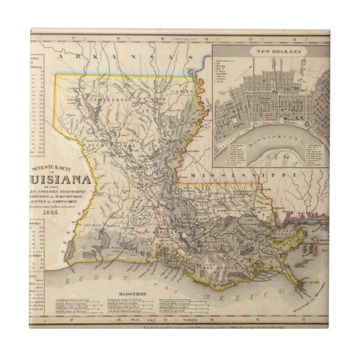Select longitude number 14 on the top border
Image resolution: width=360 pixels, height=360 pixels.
coord(206,39)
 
